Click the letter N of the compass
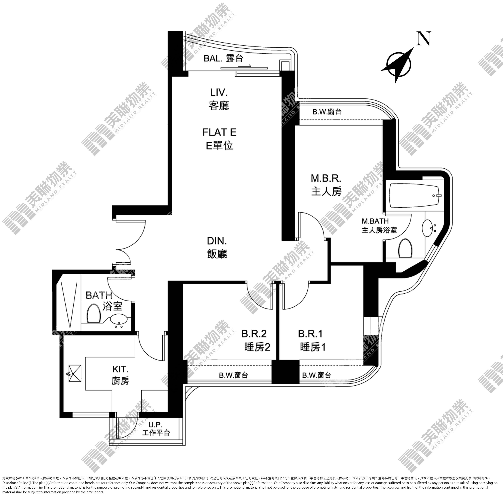coord(424,38)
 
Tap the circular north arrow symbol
coord(398,64)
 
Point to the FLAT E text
coord(219,132)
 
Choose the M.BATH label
coord(375,221)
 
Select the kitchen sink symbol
coord(75,374)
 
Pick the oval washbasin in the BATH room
coord(119,319)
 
